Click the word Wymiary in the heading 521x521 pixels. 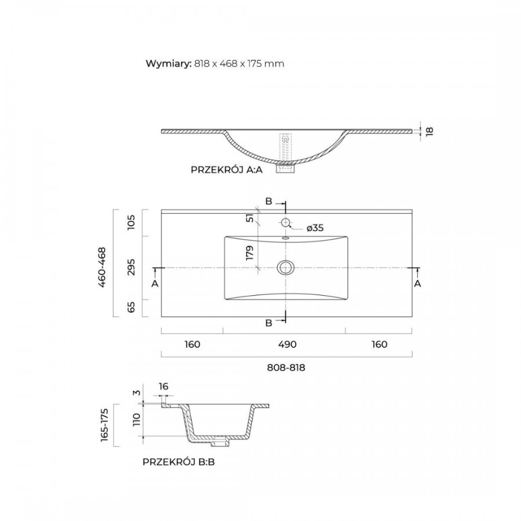[x=167, y=64]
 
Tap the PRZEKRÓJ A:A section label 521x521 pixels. [x=226, y=170]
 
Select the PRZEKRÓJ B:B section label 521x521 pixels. [x=179, y=462]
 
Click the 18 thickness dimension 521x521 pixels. [x=430, y=131]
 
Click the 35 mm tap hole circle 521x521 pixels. [x=285, y=222]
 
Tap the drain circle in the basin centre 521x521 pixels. [x=285, y=267]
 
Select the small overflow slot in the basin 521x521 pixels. [x=285, y=238]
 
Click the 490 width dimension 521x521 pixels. [x=287, y=344]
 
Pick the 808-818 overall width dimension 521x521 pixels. [x=286, y=368]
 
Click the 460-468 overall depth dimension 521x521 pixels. [x=102, y=267]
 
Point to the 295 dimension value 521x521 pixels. [x=131, y=267]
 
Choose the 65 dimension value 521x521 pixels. [x=131, y=307]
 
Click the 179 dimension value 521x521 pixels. [x=250, y=252]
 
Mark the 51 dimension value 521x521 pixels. [x=250, y=218]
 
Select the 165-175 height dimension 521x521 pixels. [x=104, y=425]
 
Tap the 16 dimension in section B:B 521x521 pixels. [x=163, y=387]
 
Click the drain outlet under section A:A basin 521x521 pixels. [x=285, y=167]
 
